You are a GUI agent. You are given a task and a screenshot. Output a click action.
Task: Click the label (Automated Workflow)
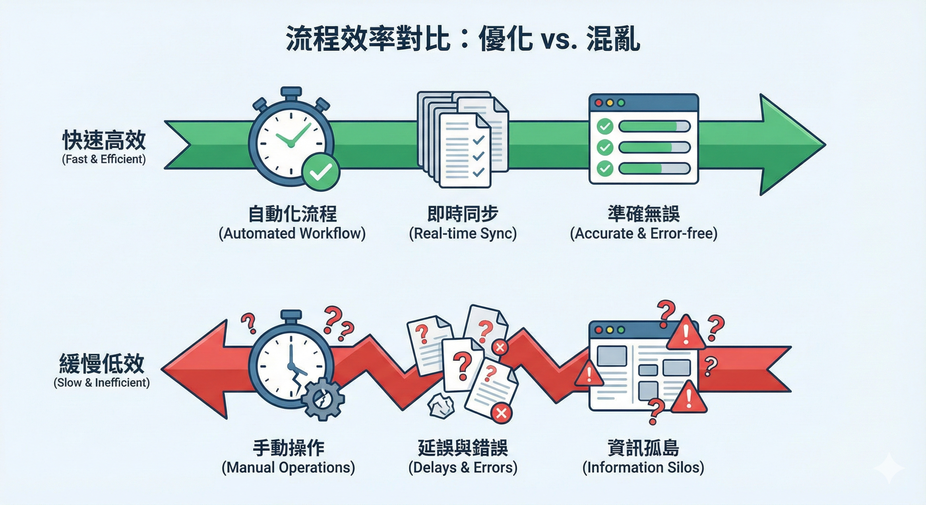click(292, 234)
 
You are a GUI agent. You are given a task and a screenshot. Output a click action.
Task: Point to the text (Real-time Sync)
click(463, 234)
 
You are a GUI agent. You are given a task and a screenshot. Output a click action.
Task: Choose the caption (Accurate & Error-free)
click(643, 234)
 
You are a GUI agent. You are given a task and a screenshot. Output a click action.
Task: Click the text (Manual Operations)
click(288, 467)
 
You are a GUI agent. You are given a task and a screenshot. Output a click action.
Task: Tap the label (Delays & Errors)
click(463, 467)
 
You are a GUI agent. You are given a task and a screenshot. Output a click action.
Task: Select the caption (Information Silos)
click(643, 467)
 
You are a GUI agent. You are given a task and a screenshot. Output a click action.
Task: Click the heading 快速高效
click(104, 140)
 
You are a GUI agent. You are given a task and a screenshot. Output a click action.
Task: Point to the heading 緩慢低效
click(102, 364)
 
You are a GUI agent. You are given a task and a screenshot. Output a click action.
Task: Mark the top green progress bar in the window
click(654, 127)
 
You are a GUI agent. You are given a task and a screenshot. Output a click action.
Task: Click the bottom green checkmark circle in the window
click(604, 169)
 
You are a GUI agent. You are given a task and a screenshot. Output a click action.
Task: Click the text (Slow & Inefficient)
click(102, 383)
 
